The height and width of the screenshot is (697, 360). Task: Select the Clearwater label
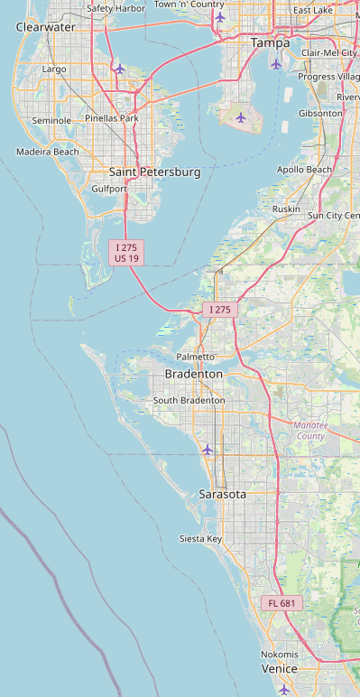coord(46,27)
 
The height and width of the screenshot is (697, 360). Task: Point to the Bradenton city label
coord(193,374)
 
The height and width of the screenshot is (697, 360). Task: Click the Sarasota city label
coord(223,495)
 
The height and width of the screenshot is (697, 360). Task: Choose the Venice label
coord(280,669)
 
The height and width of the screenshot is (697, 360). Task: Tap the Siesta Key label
coord(200,539)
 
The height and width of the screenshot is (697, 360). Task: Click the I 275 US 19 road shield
coord(127,253)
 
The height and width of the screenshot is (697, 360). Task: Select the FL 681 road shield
coord(282,603)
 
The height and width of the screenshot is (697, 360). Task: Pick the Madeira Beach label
coord(48,152)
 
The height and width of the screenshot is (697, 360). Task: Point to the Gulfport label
coord(110,189)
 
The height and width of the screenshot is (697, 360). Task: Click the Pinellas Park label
coord(112,118)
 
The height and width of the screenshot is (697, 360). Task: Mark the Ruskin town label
coord(286,209)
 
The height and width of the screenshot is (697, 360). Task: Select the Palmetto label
coord(196,358)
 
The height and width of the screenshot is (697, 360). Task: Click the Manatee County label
coord(313,430)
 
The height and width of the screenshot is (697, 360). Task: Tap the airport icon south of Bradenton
coord(208,450)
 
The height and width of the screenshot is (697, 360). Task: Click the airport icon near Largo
coord(119,69)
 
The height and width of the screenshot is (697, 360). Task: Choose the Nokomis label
coord(280,654)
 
